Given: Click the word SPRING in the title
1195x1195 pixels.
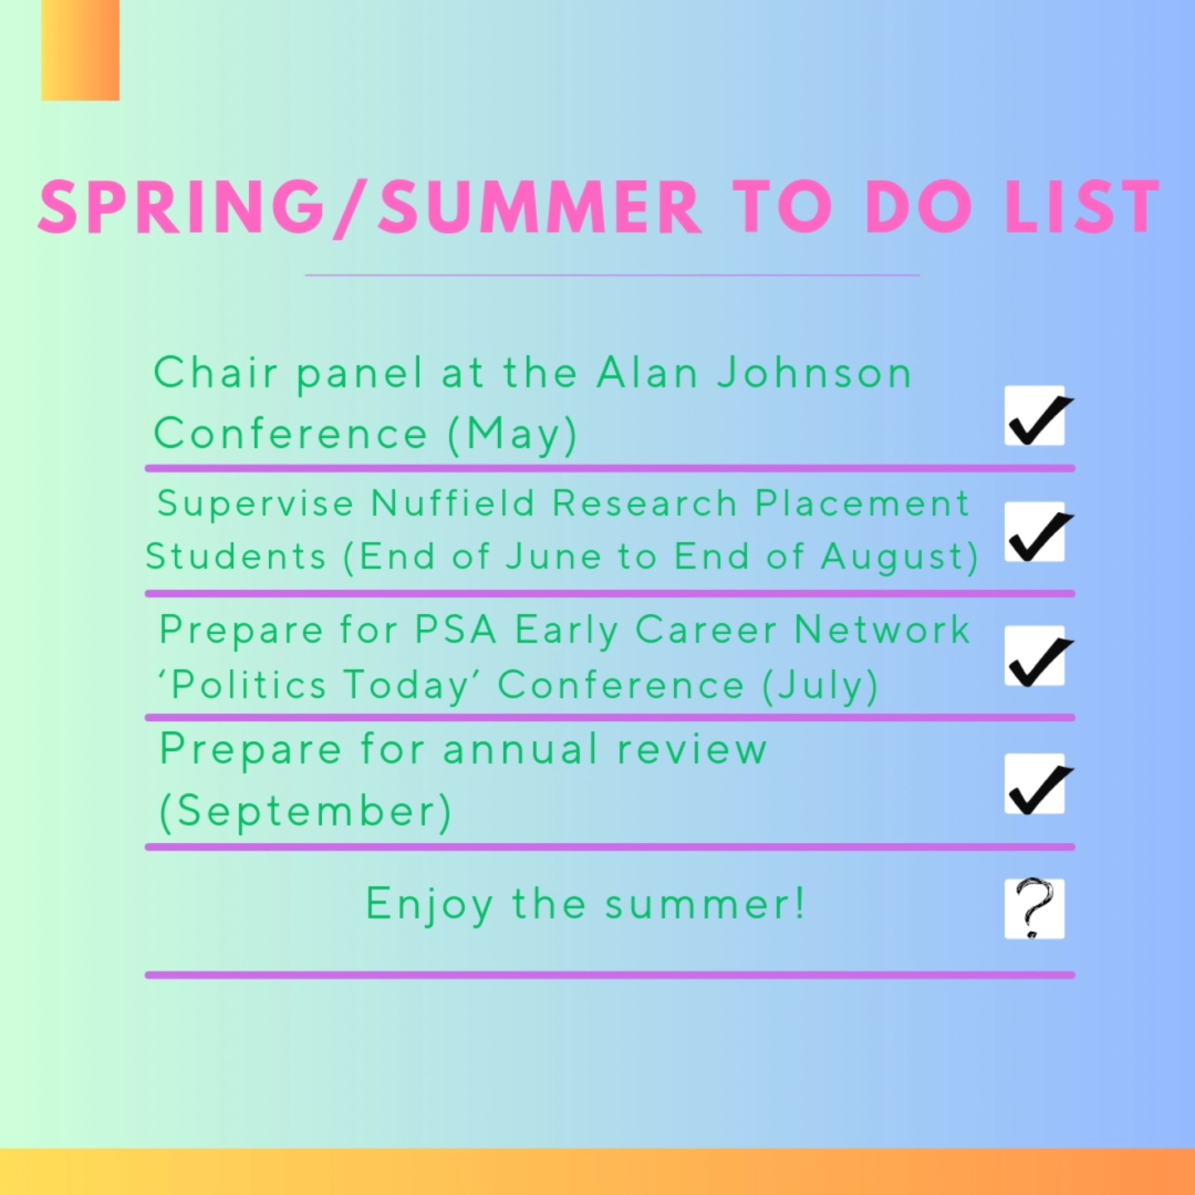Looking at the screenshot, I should coord(181,207).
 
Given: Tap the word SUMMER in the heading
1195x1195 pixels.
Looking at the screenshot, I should coord(540,207).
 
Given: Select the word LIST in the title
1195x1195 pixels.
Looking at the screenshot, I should coord(1082,207).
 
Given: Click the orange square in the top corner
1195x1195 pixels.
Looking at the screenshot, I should coord(80,50).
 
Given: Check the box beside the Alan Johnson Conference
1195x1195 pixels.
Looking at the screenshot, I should coord(1035,417).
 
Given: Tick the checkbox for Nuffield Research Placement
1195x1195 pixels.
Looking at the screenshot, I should coord(1035,533).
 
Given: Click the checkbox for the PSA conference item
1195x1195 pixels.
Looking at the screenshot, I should coord(1035,657).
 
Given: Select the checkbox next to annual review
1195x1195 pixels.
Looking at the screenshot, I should coord(1035,785).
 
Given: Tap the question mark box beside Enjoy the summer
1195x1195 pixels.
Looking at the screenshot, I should coord(1035,909).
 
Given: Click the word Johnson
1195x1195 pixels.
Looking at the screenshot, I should coord(815,373).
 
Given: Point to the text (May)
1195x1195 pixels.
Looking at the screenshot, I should coord(512,435).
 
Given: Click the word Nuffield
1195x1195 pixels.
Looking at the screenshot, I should coord(453,504).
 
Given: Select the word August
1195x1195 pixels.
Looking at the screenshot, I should coord(900,557).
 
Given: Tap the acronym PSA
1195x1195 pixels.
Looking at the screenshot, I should coord(456,630).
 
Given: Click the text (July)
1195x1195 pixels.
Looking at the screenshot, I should coord(820,686).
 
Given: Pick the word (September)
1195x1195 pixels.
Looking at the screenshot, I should coord(305,811).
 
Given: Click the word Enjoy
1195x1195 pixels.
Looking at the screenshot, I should coord(430,905).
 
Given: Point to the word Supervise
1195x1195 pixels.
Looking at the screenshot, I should coord(256,504).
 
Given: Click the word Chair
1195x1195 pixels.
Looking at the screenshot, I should coord(216,373).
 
